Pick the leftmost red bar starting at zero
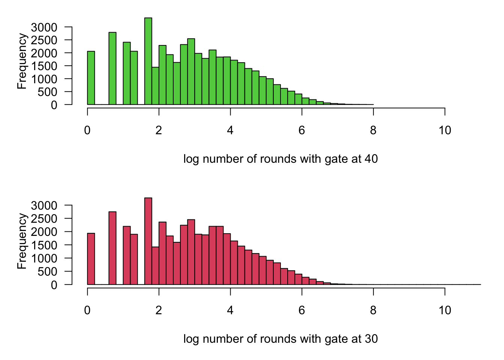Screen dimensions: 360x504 [91, 259]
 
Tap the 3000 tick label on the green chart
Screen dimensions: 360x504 [44, 27]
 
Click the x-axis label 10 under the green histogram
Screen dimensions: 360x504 [445, 130]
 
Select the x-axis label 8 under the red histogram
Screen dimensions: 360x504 [373, 310]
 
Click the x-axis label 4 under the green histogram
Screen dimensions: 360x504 [230, 130]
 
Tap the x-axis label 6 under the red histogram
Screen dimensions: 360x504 [302, 310]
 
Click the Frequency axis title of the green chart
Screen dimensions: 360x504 [22, 61]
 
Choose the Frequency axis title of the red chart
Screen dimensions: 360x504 [22, 241]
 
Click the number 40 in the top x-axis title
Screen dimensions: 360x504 [371, 159]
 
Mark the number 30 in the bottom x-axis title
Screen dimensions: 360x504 [371, 339]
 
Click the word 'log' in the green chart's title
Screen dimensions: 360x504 [191, 159]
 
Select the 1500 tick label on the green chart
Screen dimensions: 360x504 [44, 66]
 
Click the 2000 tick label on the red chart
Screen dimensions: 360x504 [44, 232]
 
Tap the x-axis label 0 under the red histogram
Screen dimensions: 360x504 [87, 310]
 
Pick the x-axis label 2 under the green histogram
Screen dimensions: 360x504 [159, 130]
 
